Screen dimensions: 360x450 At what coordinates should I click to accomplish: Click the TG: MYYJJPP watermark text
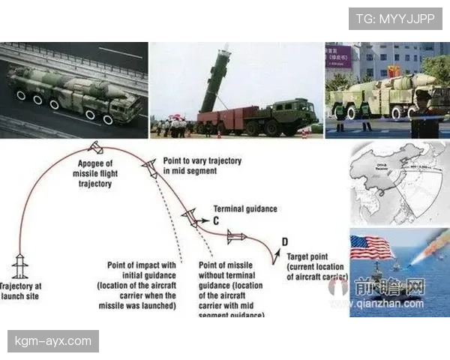395,19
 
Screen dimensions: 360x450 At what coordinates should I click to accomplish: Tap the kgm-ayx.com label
53,341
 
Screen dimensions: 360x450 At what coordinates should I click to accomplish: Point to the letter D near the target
284,241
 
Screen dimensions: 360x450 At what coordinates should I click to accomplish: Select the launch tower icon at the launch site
20,268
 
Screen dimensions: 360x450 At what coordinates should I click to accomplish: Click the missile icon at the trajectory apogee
95,146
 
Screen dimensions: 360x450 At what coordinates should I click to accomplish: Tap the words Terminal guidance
245,208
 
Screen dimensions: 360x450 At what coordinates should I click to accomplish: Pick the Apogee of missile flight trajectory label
94,173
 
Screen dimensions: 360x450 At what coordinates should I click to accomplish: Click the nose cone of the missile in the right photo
430,78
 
